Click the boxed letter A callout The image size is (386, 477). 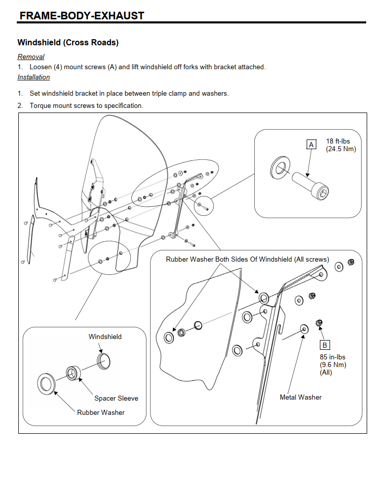tap(311, 145)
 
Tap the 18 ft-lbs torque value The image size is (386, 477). tap(338, 141)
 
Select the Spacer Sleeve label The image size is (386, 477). tap(116, 398)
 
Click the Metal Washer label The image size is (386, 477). tap(301, 397)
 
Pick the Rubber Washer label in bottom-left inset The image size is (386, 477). tap(101, 412)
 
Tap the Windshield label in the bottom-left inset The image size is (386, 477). tap(105, 336)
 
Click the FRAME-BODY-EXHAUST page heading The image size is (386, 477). tap(81, 16)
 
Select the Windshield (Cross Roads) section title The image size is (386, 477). tap(68, 43)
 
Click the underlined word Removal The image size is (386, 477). tap(31, 57)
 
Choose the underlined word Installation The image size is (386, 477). tap(34, 77)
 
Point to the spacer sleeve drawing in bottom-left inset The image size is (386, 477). tap(73, 374)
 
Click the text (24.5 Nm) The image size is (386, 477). tap(341, 149)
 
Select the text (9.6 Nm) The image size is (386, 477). tap(333, 364)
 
